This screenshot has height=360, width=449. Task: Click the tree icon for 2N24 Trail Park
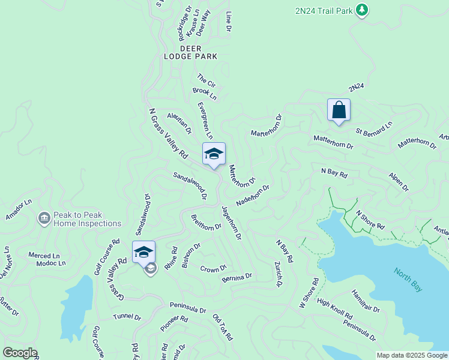point(361,10)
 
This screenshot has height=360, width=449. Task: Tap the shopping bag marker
point(339,110)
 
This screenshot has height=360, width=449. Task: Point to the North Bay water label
point(408,280)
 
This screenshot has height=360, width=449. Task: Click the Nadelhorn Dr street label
point(253,195)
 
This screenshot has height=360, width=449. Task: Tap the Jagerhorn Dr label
point(231,223)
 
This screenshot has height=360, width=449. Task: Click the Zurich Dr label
point(278,274)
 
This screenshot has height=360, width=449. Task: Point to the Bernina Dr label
point(237,277)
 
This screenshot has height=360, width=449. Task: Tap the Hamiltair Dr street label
point(366,300)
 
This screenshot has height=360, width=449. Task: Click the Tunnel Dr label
point(127,317)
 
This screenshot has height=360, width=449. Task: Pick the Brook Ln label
point(204,94)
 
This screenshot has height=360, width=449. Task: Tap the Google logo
point(20,353)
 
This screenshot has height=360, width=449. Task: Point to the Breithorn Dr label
point(206,223)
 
